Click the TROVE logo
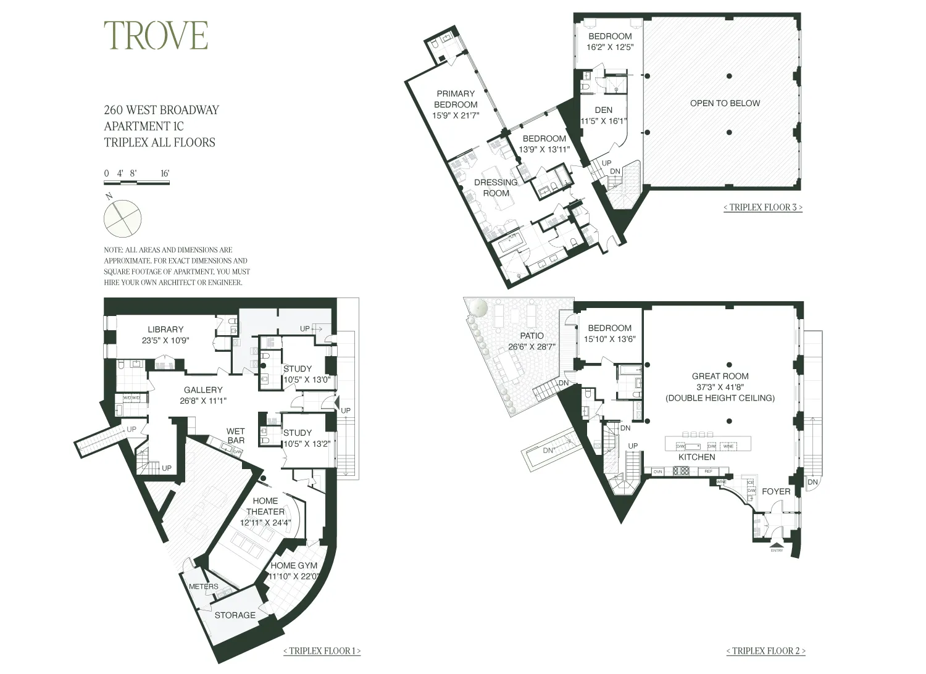[x=156, y=35]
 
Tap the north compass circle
[x=122, y=218]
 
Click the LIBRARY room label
[x=165, y=330]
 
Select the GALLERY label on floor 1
[x=202, y=390]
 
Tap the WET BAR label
[x=236, y=436]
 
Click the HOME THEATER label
[x=265, y=506]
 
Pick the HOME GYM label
[x=294, y=565]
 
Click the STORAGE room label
[x=235, y=615]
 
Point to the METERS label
[x=203, y=586]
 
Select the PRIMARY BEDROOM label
[x=456, y=99]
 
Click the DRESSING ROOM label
[x=496, y=188]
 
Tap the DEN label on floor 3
[x=604, y=110]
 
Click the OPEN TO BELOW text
[x=725, y=103]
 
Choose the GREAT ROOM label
[x=720, y=376]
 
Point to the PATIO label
[x=532, y=336]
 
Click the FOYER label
[x=776, y=491]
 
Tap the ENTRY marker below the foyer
[x=777, y=551]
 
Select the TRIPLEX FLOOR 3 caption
[x=763, y=207]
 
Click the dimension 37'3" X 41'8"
[x=720, y=387]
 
